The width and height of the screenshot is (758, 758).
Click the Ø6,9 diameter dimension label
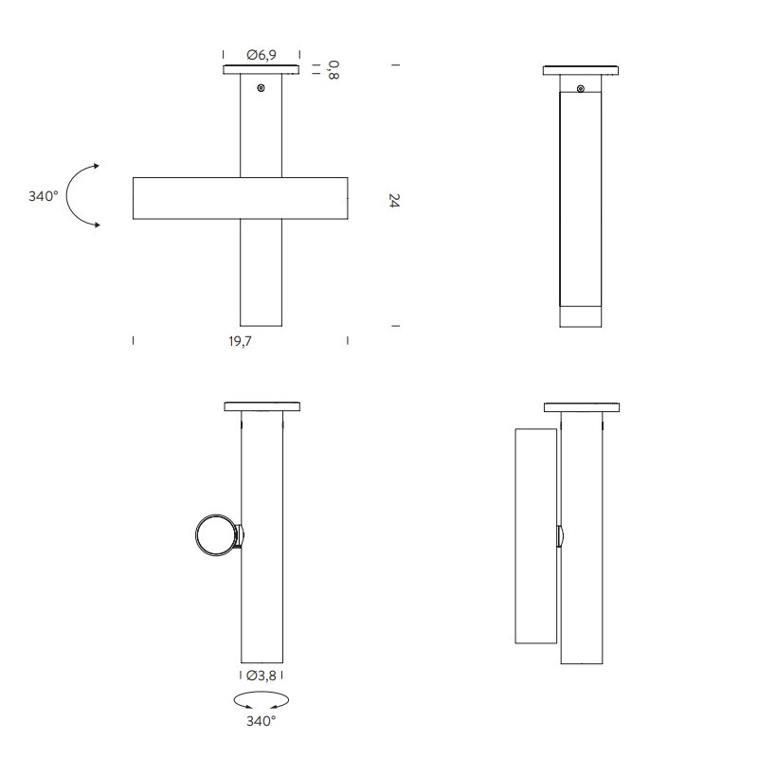(x=262, y=56)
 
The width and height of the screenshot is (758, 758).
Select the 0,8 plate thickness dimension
(x=333, y=68)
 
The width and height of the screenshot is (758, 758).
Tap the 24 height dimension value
(x=394, y=200)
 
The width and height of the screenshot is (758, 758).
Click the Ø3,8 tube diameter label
(x=262, y=676)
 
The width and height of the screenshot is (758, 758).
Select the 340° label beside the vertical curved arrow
(x=44, y=196)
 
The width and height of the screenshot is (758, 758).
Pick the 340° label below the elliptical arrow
(x=262, y=721)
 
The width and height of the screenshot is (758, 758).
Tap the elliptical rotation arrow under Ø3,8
(x=262, y=700)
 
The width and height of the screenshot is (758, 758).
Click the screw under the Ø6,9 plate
(x=262, y=87)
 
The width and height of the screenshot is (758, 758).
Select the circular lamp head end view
(x=215, y=535)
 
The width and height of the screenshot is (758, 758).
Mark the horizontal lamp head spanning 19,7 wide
(x=240, y=198)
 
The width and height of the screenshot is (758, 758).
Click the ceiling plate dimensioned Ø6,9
(x=262, y=70)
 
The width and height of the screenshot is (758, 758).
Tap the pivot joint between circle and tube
(x=239, y=536)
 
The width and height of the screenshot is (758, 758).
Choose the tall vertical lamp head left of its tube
(x=534, y=535)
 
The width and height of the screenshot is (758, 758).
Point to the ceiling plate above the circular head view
(x=262, y=407)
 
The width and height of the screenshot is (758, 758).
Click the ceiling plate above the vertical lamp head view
(x=581, y=407)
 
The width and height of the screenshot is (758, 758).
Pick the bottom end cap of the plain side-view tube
(x=581, y=316)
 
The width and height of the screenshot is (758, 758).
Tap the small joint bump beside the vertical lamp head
(x=560, y=536)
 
